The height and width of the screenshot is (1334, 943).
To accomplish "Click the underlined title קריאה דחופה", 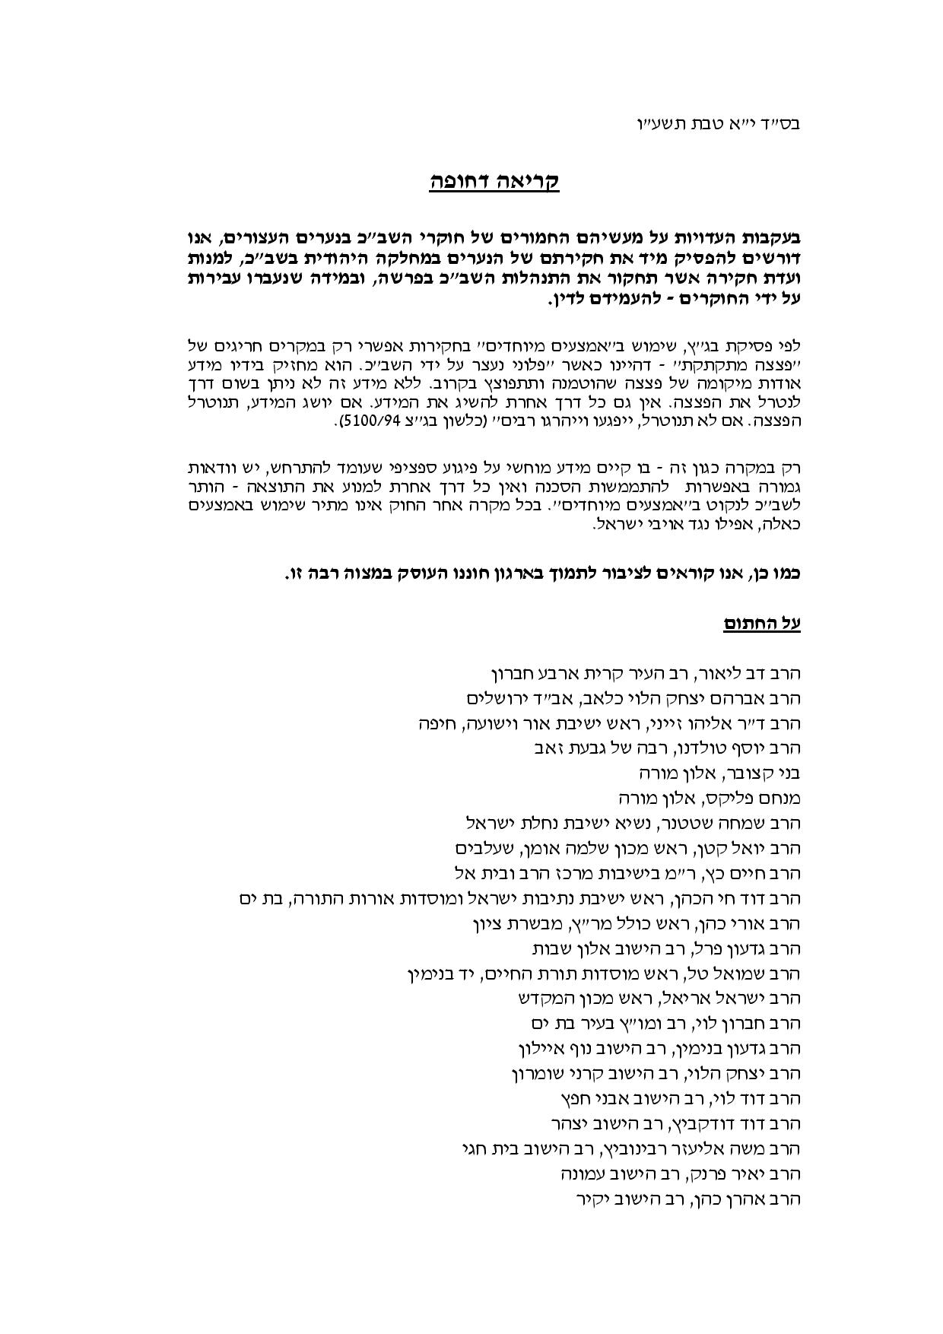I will tap(494, 183).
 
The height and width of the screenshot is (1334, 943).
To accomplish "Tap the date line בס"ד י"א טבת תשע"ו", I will tap(717, 122).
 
